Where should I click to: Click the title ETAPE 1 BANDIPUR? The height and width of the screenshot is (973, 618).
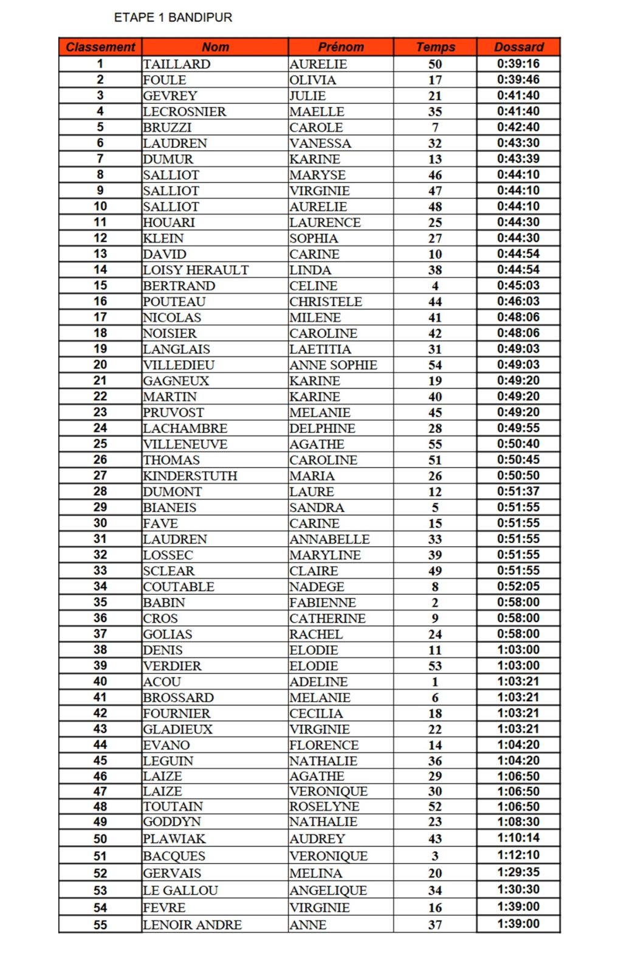(173, 18)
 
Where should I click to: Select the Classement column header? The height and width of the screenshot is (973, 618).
(100, 47)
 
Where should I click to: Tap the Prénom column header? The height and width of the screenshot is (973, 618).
(341, 47)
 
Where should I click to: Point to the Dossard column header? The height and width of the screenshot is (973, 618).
(518, 47)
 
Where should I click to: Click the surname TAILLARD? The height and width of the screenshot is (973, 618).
(177, 64)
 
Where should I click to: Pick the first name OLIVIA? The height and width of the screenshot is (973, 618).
(312, 80)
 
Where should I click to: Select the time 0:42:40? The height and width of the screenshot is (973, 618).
(518, 127)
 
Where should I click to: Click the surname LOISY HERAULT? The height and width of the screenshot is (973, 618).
(196, 270)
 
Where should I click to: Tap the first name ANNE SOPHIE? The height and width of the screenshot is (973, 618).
(333, 365)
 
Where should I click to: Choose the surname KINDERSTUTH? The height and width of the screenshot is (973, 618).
(190, 476)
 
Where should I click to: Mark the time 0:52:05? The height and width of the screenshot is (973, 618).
(518, 586)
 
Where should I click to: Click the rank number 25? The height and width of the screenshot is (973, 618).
(100, 444)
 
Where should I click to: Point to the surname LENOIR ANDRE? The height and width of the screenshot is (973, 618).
(192, 925)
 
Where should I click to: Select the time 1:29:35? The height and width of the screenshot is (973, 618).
(518, 872)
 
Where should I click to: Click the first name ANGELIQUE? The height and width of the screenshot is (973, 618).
(328, 890)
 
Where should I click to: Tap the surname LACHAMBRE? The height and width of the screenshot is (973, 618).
(185, 428)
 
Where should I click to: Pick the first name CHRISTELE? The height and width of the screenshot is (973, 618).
(326, 302)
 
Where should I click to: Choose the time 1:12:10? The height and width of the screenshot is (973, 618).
(518, 855)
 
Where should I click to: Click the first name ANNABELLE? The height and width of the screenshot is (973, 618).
(329, 539)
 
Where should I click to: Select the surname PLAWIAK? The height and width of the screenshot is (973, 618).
(174, 839)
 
